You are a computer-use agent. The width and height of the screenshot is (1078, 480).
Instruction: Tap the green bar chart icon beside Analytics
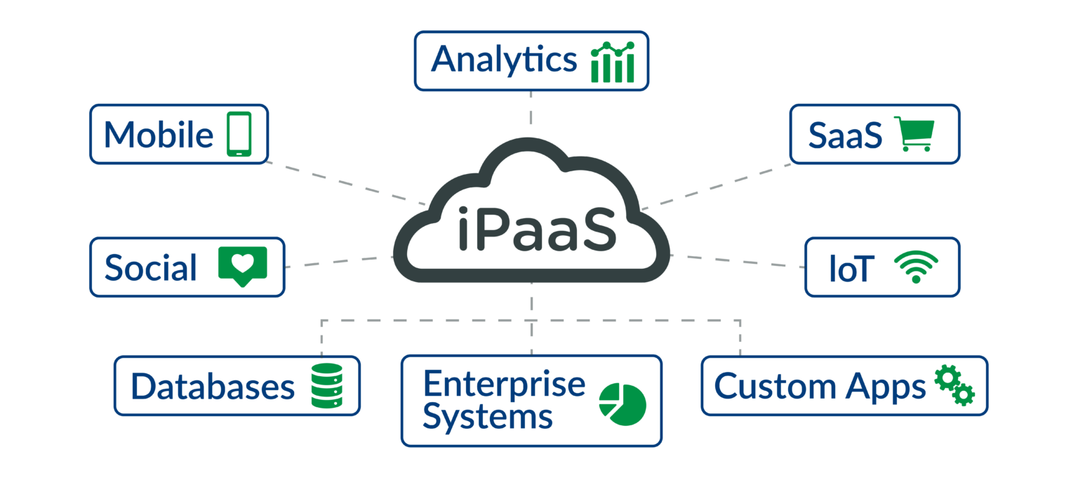point(613,62)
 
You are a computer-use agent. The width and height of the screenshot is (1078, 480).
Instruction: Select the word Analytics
point(503,60)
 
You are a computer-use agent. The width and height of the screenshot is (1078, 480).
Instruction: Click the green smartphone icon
point(239,134)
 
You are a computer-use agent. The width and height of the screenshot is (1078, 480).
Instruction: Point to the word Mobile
point(159,135)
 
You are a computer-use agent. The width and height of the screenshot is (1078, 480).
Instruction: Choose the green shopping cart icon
point(917,134)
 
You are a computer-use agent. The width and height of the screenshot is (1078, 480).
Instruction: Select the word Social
point(151,268)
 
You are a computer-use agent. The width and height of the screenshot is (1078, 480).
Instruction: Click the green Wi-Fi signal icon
point(916,267)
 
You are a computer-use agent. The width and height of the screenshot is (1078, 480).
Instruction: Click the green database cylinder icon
point(327,386)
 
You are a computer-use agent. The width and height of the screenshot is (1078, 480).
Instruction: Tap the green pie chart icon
point(622,404)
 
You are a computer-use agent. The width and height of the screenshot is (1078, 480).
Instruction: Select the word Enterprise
point(504,384)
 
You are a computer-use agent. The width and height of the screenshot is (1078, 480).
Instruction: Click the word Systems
point(488,417)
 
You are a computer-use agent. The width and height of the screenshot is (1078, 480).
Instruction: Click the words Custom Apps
point(820,387)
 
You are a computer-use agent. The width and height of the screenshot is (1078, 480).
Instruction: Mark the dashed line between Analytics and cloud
point(531,108)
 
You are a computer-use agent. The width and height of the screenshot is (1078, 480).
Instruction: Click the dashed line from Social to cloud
point(337,262)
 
